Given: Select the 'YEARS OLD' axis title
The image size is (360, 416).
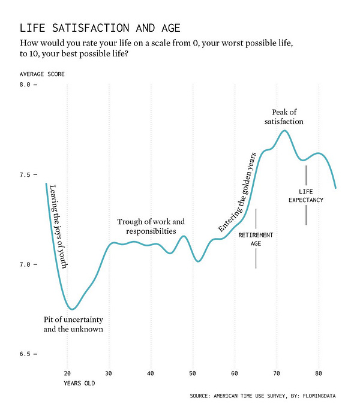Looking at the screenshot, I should pyautogui.click(x=79, y=382).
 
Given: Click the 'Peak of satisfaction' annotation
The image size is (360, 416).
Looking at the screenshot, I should pyautogui.click(x=284, y=117).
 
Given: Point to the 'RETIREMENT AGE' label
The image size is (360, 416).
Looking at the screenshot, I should pyautogui.click(x=256, y=239).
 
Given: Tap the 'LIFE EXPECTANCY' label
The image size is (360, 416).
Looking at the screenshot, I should pyautogui.click(x=306, y=195).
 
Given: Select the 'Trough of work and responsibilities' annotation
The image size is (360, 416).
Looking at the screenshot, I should pyautogui.click(x=146, y=226).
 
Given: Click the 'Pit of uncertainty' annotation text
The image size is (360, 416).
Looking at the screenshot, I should pyautogui.click(x=73, y=324).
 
